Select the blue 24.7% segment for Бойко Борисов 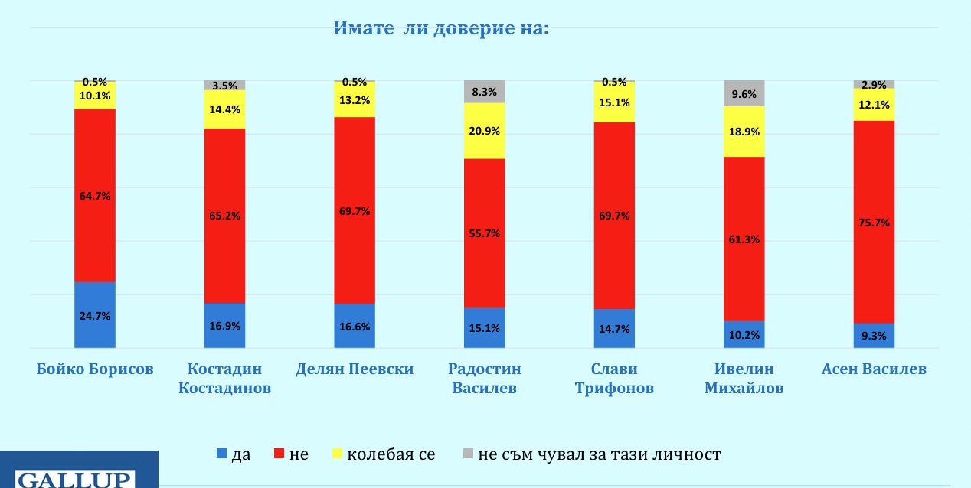point(95,315)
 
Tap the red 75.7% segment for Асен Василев point(875,222)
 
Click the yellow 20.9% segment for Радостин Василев point(485,131)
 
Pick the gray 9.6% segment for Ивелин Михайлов point(744,93)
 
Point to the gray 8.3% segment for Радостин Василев point(485,91)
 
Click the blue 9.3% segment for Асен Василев point(875,336)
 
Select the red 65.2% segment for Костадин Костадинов point(224,216)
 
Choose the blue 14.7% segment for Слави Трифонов point(615,329)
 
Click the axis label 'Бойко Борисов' point(95,369)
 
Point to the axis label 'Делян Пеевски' point(355,369)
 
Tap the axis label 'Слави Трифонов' point(615,378)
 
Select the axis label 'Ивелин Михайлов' point(744,378)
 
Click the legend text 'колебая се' point(391,454)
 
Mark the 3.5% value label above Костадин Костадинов point(224,86)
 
